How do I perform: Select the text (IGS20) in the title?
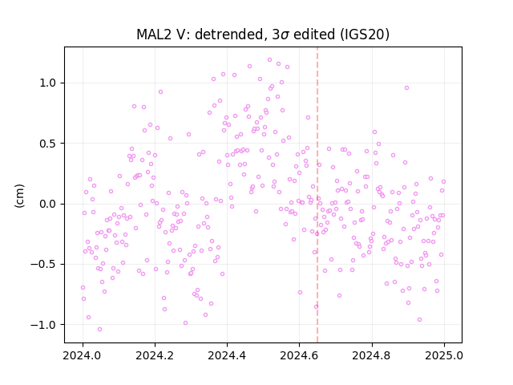(x=365, y=34)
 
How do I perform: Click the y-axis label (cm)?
(x=19, y=196)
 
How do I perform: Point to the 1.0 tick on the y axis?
(x=48, y=83)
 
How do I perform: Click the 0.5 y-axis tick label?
(x=48, y=144)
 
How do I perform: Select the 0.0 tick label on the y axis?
(x=48, y=204)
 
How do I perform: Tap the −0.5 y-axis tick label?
(x=43, y=265)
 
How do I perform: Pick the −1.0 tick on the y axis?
(x=43, y=325)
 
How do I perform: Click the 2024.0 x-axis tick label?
(x=83, y=355)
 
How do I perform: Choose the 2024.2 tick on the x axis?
(x=155, y=355)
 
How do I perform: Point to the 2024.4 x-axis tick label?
(x=227, y=355)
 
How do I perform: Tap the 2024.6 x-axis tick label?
(x=299, y=355)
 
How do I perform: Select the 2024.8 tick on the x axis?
(x=372, y=355)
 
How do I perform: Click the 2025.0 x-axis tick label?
(x=444, y=355)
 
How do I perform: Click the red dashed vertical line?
(x=317, y=195)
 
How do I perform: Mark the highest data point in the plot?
(x=269, y=60)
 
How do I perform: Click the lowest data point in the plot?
(x=99, y=330)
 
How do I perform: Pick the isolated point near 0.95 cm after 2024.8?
(x=406, y=87)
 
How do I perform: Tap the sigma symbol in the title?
(x=285, y=35)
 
